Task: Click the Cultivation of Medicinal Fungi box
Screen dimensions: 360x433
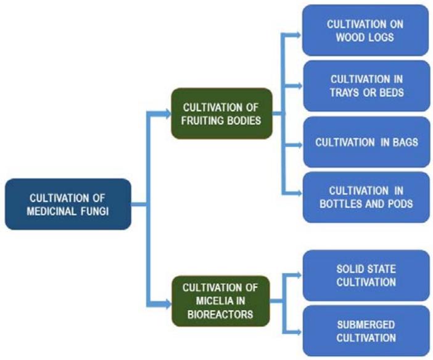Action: tap(68, 204)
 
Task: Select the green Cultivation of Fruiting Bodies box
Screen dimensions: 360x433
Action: tap(221, 113)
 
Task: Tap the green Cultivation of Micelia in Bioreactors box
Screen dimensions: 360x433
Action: tap(221, 300)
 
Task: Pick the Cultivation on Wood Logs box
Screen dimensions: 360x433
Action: tap(365, 30)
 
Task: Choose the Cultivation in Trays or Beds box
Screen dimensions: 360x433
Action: tap(365, 86)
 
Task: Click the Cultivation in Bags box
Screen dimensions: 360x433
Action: tap(366, 142)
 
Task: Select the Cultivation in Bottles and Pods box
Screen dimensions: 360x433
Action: tap(366, 198)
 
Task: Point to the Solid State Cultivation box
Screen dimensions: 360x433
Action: tap(366, 276)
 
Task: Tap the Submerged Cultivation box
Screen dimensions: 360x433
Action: tap(366, 331)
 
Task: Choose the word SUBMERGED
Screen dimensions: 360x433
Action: tap(366, 324)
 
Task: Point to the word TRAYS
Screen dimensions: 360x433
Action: tap(349, 92)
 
